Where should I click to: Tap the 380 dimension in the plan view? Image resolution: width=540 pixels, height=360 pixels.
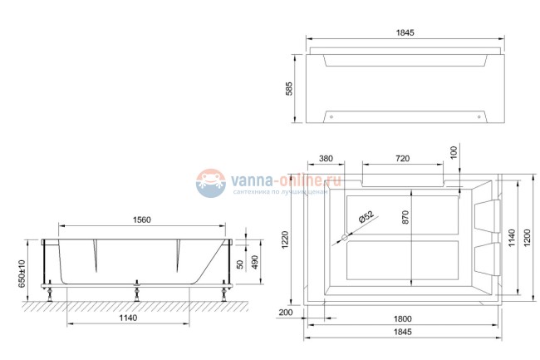click(326, 158)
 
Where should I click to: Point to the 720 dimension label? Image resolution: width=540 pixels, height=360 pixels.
click(401, 158)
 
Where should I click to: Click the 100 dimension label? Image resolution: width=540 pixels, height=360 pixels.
click(454, 155)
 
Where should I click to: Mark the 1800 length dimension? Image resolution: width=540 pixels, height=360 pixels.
click(404, 318)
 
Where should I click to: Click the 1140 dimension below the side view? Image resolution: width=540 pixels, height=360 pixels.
click(126, 318)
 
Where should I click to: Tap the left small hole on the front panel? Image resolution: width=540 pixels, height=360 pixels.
click(331, 116)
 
